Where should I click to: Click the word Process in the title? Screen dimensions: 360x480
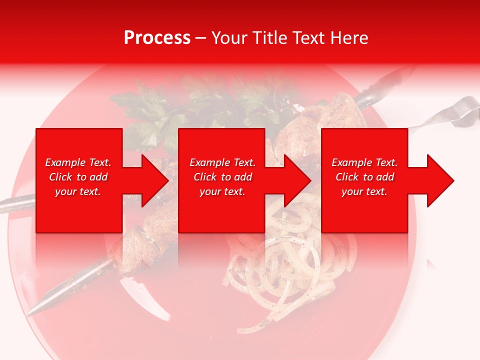tap(157, 38)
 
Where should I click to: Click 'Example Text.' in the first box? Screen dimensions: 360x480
tap(78, 162)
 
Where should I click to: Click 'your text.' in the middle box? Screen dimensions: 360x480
tap(222, 191)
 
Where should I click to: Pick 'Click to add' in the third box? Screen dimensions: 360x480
tap(364, 177)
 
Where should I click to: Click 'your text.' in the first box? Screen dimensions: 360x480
tap(78, 191)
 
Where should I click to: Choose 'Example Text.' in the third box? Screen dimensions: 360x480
tap(364, 162)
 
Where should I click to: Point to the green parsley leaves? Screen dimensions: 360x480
tap(145, 107)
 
